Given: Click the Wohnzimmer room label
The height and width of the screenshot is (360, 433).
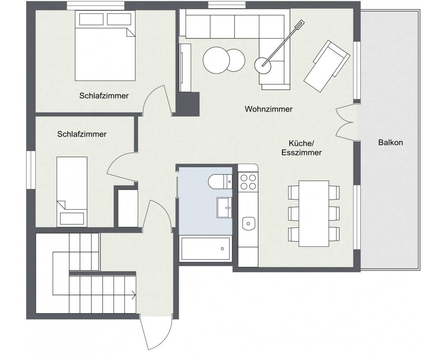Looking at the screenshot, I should (x=268, y=109).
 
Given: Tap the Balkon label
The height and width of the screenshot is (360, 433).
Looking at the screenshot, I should (x=391, y=142).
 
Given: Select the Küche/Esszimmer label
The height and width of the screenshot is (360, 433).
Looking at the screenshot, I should (x=301, y=148).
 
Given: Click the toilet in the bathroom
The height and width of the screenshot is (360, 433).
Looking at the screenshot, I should (x=218, y=181).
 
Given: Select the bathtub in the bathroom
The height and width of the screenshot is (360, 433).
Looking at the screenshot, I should (x=206, y=249).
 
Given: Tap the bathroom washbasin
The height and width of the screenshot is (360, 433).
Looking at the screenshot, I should (x=224, y=207).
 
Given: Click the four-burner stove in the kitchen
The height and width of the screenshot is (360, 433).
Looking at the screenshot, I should (x=248, y=181).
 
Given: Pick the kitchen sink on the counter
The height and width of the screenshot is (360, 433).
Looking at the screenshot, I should (x=248, y=223).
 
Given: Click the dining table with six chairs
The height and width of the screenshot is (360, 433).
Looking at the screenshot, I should (x=313, y=213).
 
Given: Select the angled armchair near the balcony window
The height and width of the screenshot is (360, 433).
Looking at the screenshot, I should (x=326, y=66).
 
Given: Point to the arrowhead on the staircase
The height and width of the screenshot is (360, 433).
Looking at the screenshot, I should (x=134, y=295).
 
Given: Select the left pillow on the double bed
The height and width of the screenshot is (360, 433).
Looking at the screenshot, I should (x=91, y=19).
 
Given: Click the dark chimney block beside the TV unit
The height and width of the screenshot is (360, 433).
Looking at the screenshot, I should (x=188, y=104).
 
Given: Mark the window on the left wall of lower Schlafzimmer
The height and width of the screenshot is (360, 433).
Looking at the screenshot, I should (x=31, y=169).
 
